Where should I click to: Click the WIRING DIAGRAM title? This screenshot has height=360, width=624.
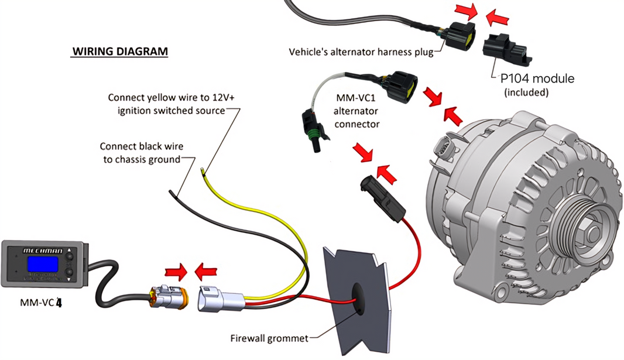[x=119, y=52]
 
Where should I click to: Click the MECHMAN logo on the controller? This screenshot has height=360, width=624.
[x=42, y=250]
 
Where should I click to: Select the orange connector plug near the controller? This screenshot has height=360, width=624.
[x=168, y=297]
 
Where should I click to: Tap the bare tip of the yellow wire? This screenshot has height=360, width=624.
[x=203, y=171]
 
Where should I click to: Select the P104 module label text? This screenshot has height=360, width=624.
[x=537, y=78]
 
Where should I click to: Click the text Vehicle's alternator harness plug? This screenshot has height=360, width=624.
[x=361, y=52]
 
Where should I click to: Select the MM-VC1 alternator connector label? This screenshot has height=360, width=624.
[x=356, y=109]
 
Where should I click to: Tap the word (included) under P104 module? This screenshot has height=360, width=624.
[x=526, y=92]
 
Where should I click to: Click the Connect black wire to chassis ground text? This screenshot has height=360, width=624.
[x=140, y=152]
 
